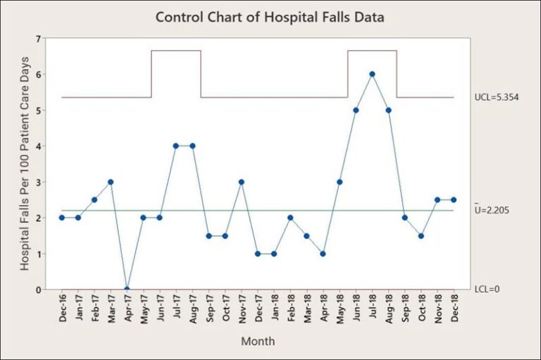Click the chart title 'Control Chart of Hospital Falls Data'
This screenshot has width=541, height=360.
point(270,18)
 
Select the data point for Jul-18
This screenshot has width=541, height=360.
point(372,74)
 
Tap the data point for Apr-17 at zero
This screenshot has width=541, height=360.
point(127,289)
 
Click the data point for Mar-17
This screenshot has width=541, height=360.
point(111,182)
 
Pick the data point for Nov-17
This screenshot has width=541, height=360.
point(241,182)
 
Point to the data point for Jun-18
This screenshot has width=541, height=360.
point(356,110)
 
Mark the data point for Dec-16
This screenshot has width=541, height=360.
point(62,218)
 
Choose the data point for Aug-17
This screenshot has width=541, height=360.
point(192,146)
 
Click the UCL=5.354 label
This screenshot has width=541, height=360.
point(497,97)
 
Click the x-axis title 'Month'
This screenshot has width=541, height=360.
point(258,342)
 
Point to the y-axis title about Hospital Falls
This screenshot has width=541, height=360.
point(25,163)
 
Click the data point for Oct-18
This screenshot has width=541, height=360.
point(421,235)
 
